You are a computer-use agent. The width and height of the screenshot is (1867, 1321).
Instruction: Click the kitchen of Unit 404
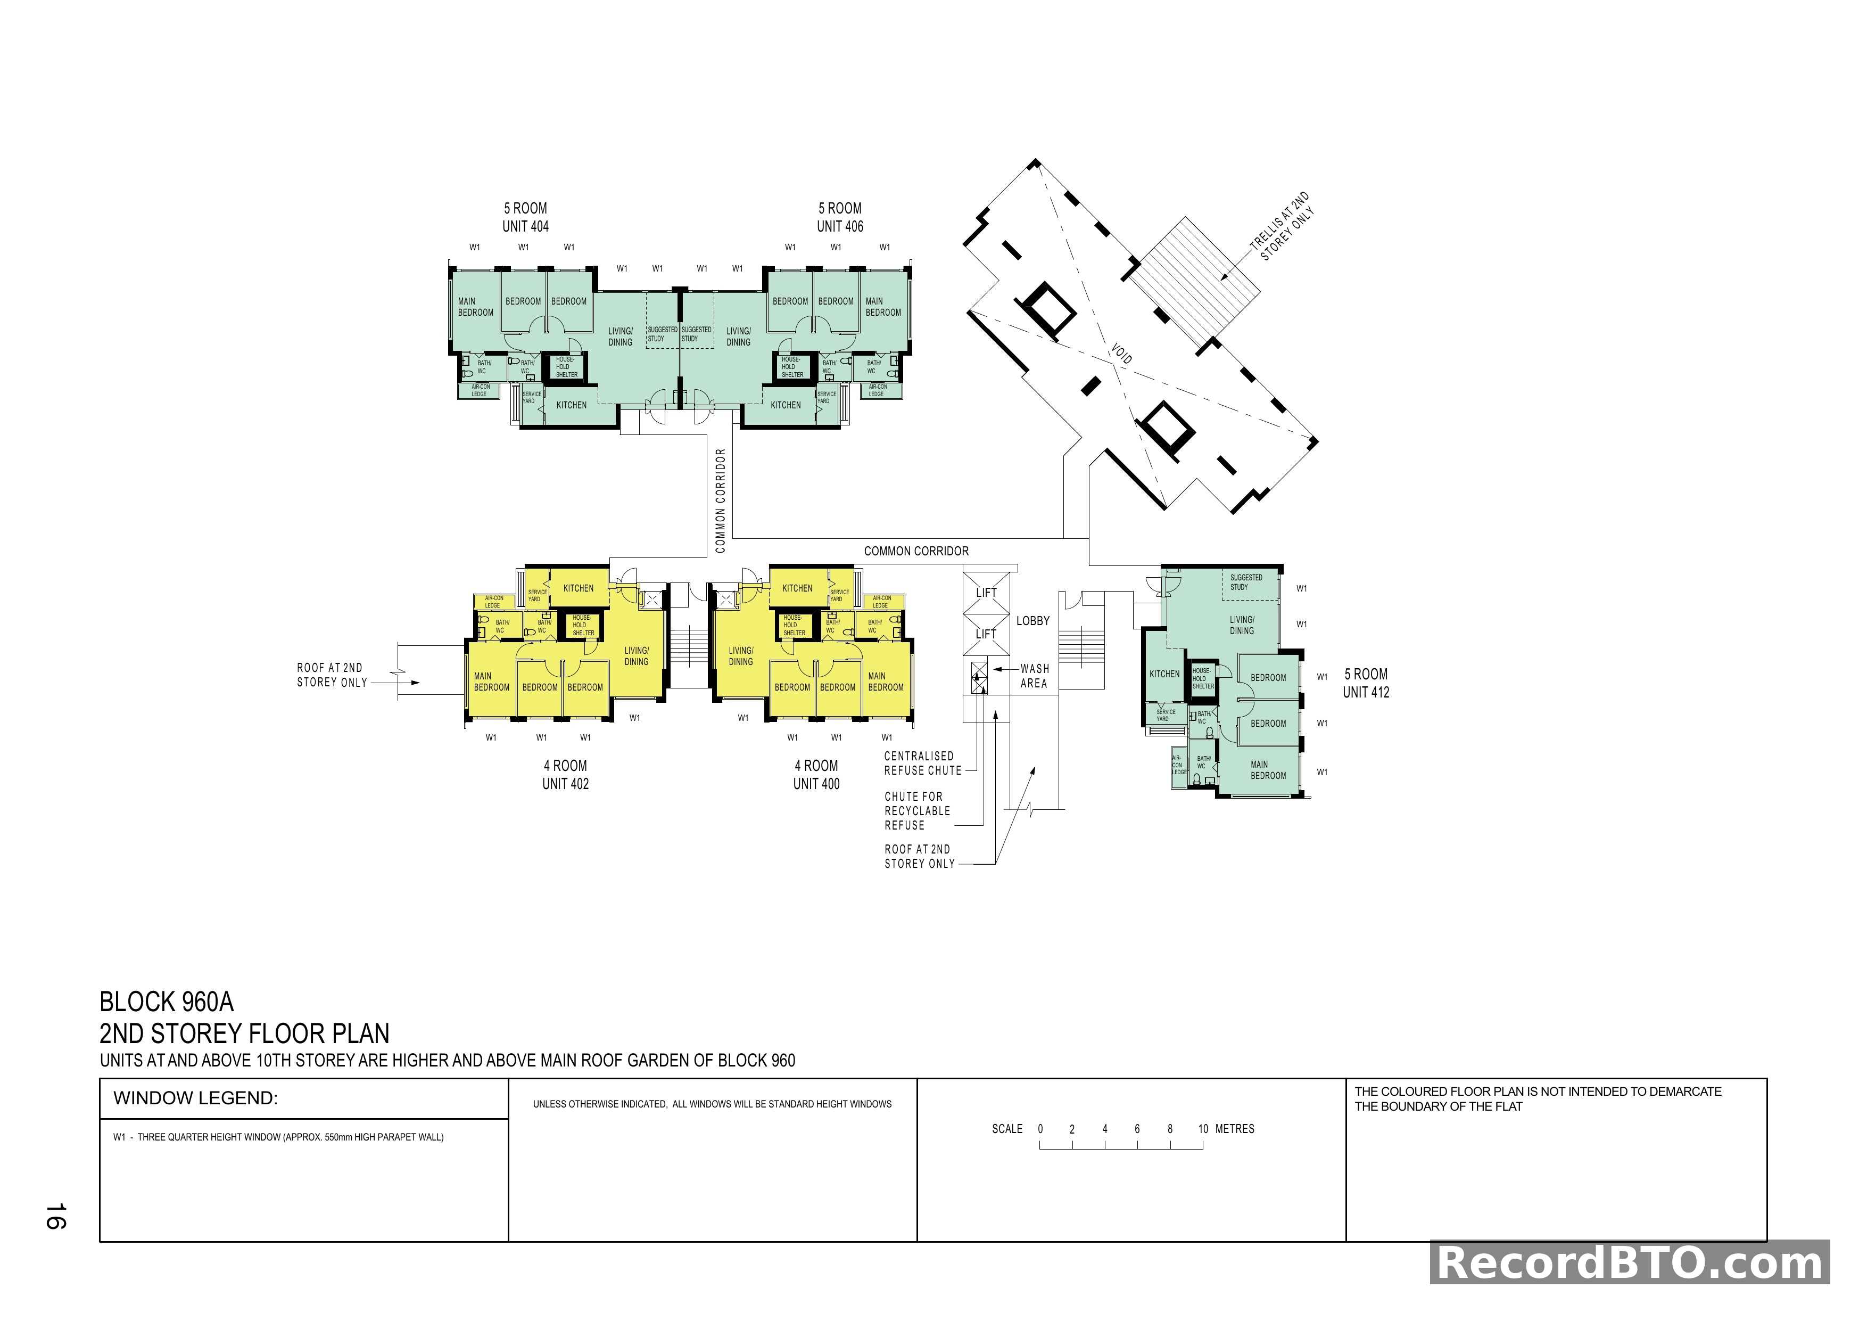[571, 405]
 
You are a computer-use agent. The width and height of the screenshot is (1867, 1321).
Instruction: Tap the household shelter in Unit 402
[582, 626]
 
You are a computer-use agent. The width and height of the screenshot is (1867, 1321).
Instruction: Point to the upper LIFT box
[986, 593]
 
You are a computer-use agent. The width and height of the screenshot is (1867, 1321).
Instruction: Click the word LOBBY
[1032, 621]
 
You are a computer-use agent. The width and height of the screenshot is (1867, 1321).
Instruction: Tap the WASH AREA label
[1034, 676]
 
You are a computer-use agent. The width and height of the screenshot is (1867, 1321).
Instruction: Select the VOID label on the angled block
[1121, 355]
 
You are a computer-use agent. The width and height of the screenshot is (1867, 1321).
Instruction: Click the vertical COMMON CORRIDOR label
[720, 500]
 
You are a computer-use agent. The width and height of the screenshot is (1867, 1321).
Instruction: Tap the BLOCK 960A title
[166, 1002]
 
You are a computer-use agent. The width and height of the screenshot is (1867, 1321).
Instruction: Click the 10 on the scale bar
[1203, 1129]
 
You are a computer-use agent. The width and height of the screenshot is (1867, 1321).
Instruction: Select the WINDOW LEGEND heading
[195, 1098]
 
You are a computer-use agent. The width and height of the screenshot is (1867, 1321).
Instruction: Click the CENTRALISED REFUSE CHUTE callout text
[922, 763]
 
